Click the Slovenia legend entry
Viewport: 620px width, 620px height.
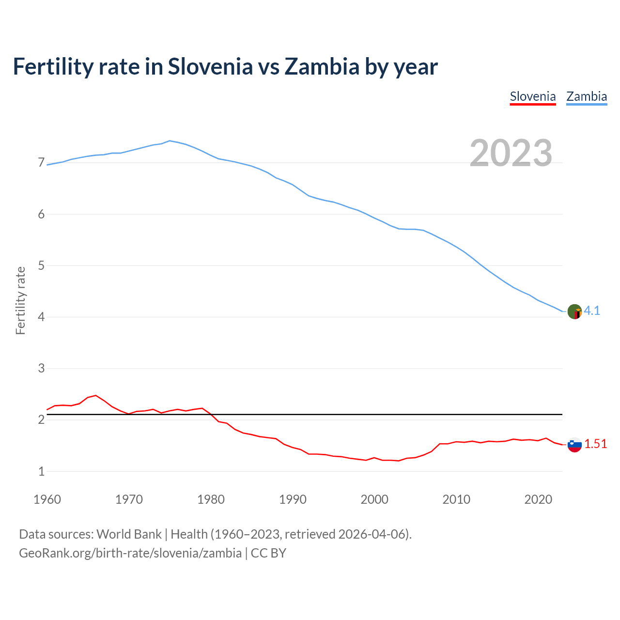point(533,96)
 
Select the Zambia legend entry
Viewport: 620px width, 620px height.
point(587,96)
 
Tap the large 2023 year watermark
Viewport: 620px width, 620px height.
point(511,153)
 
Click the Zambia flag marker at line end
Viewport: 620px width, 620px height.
point(574,311)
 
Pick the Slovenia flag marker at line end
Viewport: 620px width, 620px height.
point(574,445)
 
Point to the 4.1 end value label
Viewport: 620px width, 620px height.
point(592,311)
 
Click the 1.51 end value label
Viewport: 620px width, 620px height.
point(595,444)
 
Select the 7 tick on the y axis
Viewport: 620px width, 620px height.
point(41,163)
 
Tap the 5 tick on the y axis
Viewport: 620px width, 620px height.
point(41,265)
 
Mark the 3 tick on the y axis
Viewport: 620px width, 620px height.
point(41,369)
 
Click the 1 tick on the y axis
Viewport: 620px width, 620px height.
point(41,471)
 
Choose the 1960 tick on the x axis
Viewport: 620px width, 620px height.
point(47,499)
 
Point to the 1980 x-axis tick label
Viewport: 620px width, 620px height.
point(211,499)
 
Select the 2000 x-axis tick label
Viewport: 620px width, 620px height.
point(374,499)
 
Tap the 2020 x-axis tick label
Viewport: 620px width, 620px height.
point(538,499)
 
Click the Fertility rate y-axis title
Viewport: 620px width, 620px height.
point(20,300)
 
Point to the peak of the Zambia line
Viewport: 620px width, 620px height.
point(169,140)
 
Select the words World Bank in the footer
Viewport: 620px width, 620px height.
point(129,534)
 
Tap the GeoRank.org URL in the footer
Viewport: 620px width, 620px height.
point(130,553)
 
